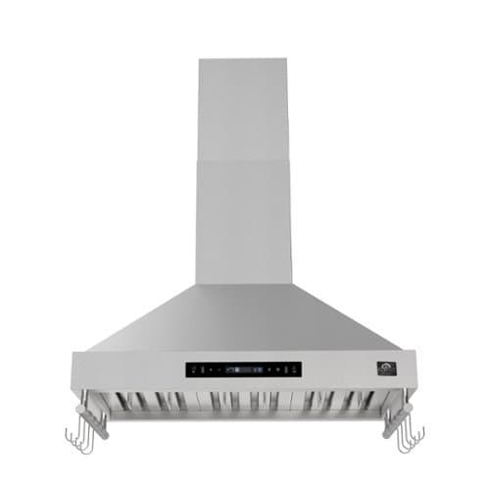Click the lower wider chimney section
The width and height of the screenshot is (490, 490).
click(244, 220)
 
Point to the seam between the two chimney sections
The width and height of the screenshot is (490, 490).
click(244, 157)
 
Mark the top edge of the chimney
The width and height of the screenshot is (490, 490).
click(244, 59)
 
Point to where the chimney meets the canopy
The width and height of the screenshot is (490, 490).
click(244, 285)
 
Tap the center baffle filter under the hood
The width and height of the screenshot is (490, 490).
click(244, 402)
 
